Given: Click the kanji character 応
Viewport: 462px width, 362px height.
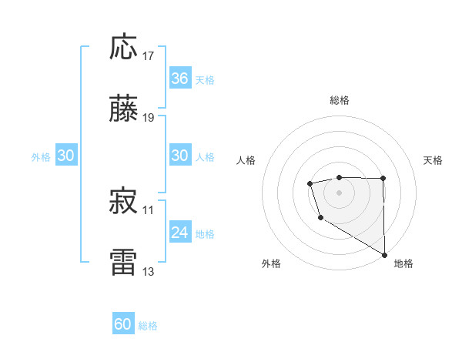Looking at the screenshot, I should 123,47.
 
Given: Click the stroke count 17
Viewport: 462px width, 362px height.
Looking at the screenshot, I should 149,56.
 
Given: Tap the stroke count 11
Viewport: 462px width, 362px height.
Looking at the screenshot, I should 149,209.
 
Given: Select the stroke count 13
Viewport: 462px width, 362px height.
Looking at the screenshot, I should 149,272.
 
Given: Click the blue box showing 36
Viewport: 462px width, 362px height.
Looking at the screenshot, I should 179,79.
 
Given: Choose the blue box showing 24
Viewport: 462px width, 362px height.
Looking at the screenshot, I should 179,233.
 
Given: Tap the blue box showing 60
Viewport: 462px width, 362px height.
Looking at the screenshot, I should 123,325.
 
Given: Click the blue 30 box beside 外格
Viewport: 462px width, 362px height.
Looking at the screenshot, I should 65,156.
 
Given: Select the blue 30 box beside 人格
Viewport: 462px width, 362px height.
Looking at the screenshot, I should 179,156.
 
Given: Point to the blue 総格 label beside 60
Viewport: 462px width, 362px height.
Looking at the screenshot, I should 149,326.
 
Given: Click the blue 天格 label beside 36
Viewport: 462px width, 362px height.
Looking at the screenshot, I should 205,79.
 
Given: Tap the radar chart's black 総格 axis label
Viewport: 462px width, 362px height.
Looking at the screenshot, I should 339,100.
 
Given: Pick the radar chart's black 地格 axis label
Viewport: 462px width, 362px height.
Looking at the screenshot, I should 403,263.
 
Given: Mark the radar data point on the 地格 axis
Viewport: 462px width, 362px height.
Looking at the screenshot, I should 384,255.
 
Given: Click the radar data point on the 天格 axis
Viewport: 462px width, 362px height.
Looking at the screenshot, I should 383,179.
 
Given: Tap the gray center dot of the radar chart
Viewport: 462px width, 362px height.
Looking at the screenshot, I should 339,192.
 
